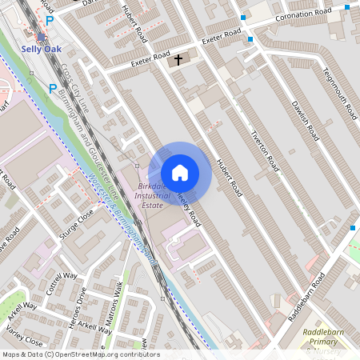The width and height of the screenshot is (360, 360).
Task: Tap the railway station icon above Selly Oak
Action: [41, 36]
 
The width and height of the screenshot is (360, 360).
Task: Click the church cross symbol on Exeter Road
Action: [178, 58]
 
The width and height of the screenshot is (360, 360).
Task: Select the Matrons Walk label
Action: [123, 305]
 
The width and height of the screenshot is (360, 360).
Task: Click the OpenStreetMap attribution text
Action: [80, 354]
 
